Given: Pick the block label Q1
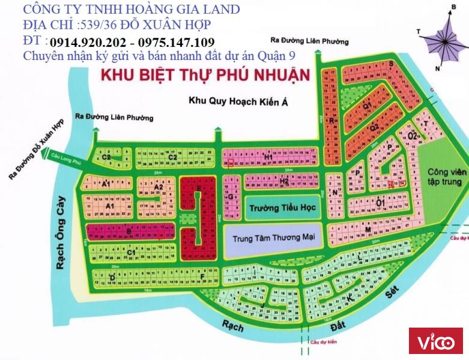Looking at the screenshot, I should [366, 104].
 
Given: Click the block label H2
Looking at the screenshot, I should [284, 181].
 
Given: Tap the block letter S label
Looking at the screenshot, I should [390, 63].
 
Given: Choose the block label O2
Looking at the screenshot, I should [412, 137].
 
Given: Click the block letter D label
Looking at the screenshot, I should [112, 277].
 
